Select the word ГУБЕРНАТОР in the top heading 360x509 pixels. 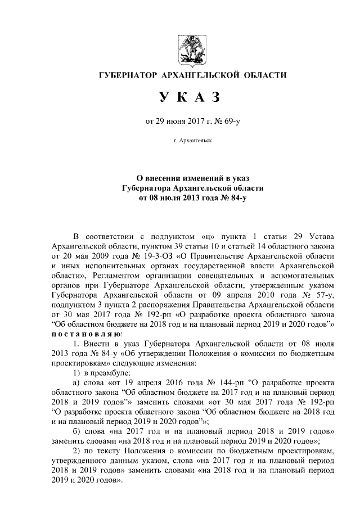[127, 75]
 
